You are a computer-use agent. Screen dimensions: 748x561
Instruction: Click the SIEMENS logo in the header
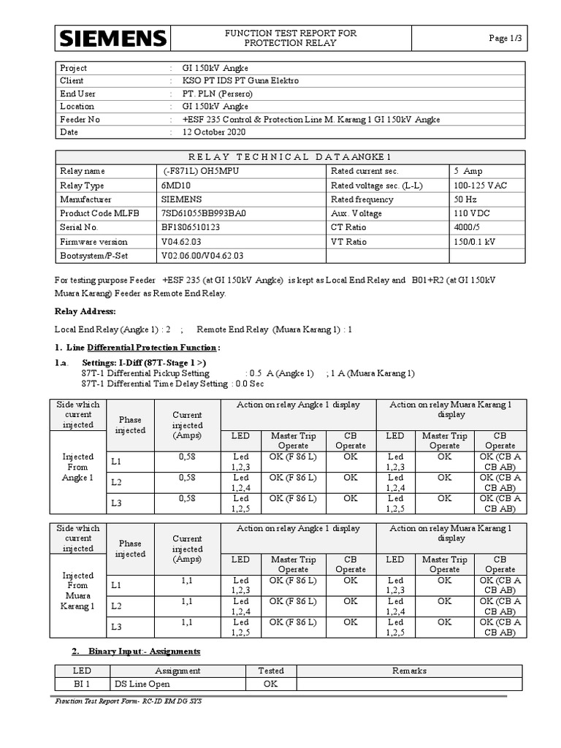pyautogui.click(x=113, y=39)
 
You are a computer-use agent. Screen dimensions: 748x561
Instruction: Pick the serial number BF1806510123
pyautogui.click(x=191, y=227)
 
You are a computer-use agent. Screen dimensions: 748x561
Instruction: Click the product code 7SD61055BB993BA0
pyautogui.click(x=204, y=213)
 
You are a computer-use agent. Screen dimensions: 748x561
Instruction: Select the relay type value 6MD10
pyautogui.click(x=175, y=186)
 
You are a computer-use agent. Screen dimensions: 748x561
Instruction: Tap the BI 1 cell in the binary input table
pyautogui.click(x=82, y=684)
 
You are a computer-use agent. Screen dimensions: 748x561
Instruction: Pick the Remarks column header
pyautogui.click(x=409, y=671)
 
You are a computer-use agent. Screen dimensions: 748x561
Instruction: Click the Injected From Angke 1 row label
pyautogui.click(x=78, y=467)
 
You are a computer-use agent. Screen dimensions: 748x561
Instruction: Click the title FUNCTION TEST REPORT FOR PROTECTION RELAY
pyautogui.click(x=290, y=39)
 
